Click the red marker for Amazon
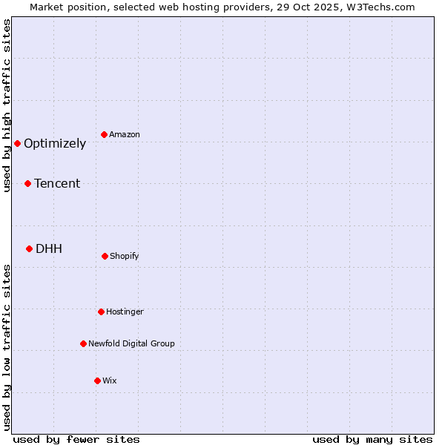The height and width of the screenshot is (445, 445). [x=104, y=134]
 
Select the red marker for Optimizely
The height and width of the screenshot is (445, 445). [x=17, y=143]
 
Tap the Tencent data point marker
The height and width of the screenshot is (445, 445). [x=27, y=183]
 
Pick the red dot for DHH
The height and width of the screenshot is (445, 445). [x=29, y=248]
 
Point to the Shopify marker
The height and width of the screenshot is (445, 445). [x=105, y=256]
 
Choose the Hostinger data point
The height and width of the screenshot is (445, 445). [x=101, y=311]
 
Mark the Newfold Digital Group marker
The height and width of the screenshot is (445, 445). [x=83, y=343]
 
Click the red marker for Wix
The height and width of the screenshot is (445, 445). [x=97, y=380]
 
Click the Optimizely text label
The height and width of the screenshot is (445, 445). [x=55, y=144]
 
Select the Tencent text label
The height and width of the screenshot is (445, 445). [x=57, y=184]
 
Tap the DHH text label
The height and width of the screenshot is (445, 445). [x=49, y=249]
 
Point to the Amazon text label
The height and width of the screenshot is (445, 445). [x=125, y=135]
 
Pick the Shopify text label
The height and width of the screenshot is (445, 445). [x=125, y=257]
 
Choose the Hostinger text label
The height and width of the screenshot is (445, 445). [x=125, y=312]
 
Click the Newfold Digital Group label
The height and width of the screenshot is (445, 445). [x=131, y=344]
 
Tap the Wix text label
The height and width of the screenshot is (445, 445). [x=110, y=381]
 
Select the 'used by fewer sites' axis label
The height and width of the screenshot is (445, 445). [x=76, y=439]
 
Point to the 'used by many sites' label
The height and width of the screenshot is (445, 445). [x=372, y=439]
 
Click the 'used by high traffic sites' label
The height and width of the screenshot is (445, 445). [x=7, y=105]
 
